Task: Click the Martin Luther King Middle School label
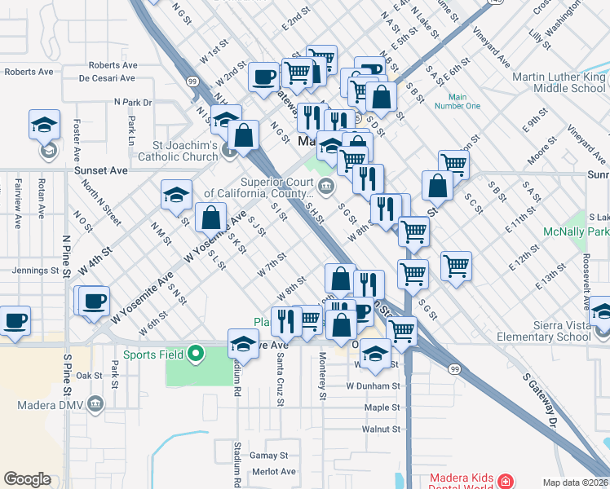click(559, 82)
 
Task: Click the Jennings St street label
click(34, 271)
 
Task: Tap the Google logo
click(27, 479)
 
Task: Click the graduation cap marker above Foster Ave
click(44, 125)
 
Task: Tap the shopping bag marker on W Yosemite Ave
click(210, 218)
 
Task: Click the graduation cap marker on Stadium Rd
click(243, 344)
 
